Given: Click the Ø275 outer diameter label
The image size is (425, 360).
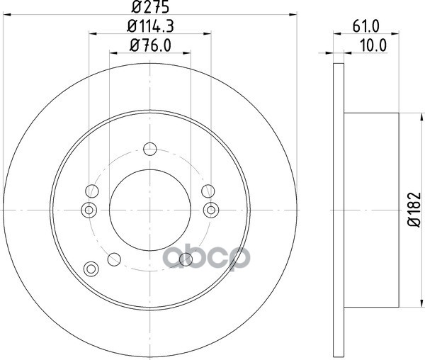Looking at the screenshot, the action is coord(150,7).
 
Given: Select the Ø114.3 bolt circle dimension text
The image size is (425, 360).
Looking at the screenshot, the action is coord(150,26).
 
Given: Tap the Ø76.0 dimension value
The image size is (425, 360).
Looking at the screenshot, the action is coord(150,45).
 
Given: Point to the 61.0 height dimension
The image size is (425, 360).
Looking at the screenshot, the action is coord(365,26).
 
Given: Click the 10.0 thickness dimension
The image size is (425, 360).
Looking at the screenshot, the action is coord(373,45).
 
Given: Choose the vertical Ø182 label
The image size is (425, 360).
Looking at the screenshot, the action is coord(414,209).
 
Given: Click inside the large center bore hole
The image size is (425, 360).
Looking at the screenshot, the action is coord(150,210).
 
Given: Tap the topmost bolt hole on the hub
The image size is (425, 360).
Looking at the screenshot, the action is coord(150,149).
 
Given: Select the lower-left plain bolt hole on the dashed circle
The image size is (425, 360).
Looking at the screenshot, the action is coord(114,259).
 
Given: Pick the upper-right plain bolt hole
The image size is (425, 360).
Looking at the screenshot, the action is coord(208,191).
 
